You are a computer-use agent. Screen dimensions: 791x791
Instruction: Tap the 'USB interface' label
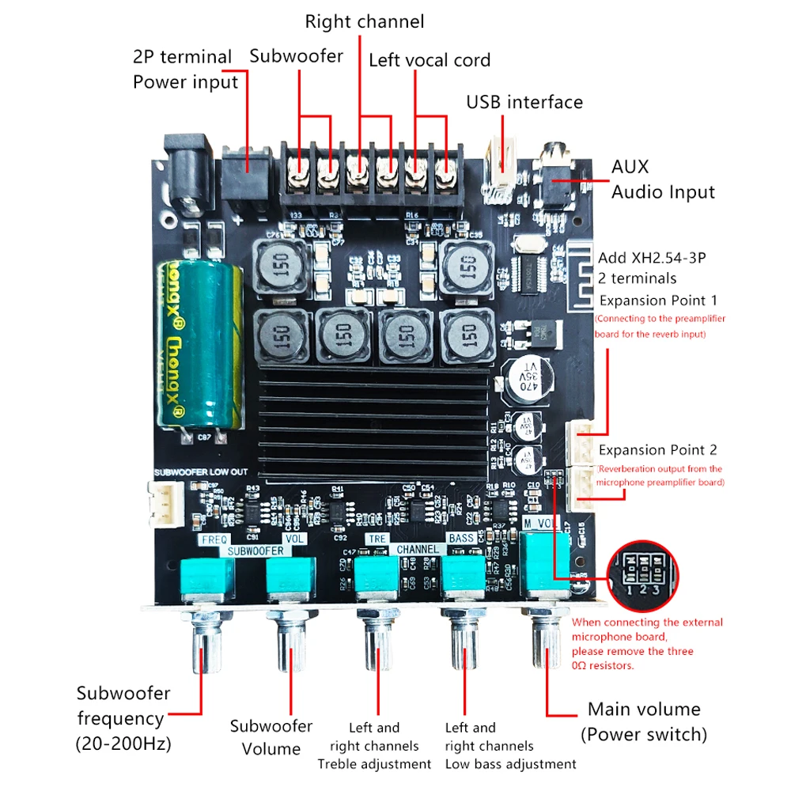[524, 102]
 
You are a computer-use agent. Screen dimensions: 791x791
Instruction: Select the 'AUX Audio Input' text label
[663, 180]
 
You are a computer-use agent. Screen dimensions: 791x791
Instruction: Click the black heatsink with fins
[374, 424]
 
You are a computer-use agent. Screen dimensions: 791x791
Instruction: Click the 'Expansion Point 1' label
[658, 301]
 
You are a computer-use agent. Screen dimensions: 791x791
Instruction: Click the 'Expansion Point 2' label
[658, 450]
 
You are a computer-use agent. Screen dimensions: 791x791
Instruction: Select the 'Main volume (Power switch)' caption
[643, 721]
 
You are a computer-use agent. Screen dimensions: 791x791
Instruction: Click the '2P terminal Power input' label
[185, 70]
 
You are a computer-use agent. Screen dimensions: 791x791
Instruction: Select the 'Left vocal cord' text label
[430, 60]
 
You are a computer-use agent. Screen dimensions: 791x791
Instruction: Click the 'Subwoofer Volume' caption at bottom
[271, 736]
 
